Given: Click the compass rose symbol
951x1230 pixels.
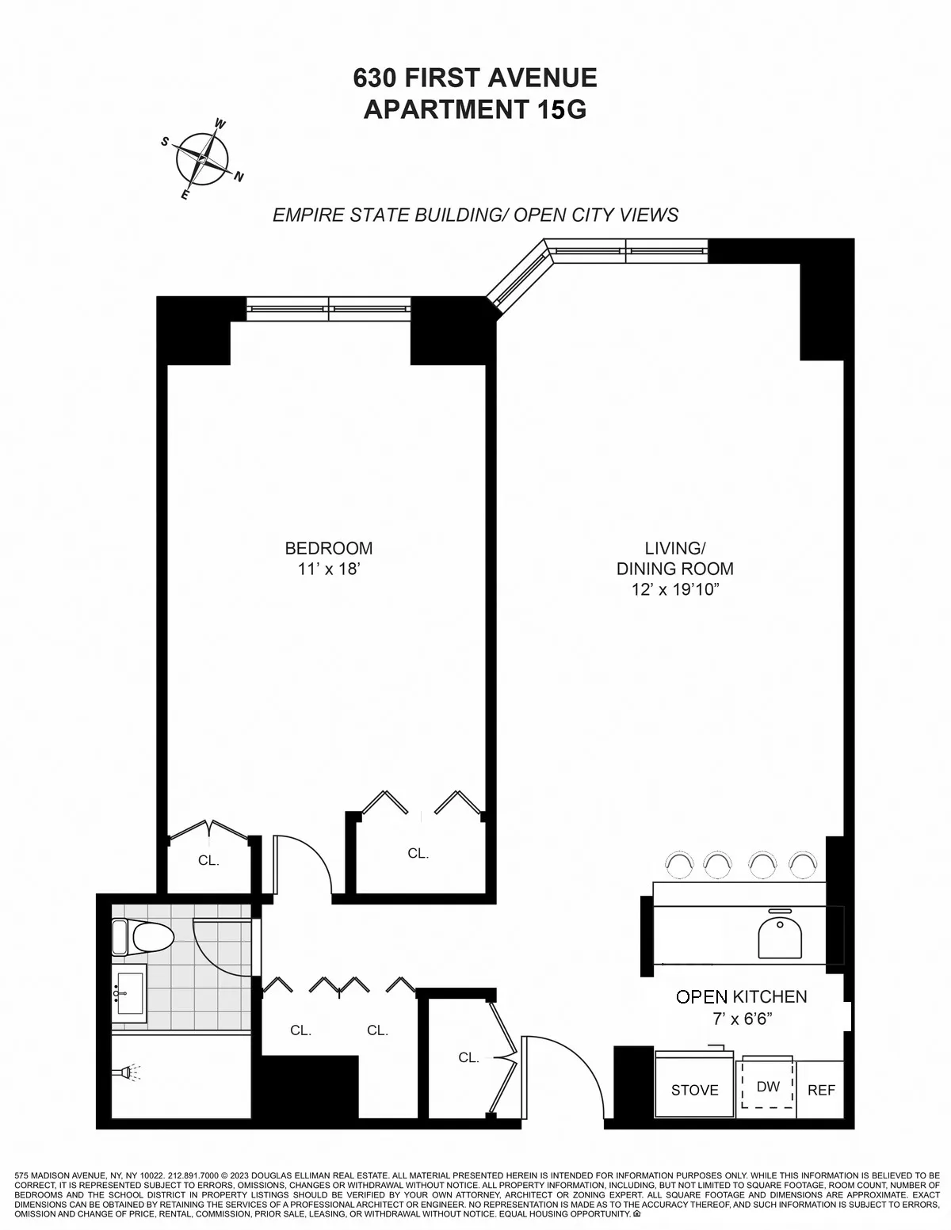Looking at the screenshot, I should [202, 160].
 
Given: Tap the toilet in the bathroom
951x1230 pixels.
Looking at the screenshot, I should [143, 938].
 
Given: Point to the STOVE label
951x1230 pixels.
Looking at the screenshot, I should [694, 1090].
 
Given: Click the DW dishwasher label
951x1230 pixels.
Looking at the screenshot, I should [768, 1086].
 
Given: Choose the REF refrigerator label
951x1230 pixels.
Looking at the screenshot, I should [821, 1090].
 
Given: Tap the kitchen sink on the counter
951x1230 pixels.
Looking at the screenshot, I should [781, 937].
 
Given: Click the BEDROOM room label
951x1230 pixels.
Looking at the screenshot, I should [328, 548].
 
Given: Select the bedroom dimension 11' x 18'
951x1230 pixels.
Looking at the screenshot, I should [329, 569].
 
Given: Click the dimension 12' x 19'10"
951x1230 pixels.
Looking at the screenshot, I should [674, 589].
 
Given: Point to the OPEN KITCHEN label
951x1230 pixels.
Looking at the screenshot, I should [741, 997].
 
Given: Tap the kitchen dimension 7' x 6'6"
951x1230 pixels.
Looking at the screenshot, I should [742, 1019].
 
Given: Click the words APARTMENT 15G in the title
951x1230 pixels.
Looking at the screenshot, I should [475, 109].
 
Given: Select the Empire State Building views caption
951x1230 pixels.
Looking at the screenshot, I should [475, 215].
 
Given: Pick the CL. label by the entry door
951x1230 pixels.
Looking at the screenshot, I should [468, 1057].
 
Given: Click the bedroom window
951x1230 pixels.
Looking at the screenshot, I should [328, 308].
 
